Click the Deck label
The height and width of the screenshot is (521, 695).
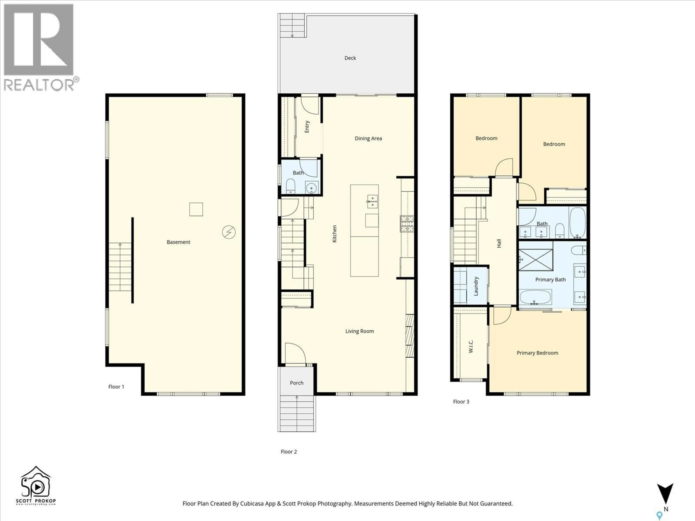point(350,58)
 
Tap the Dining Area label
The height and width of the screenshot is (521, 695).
point(368,139)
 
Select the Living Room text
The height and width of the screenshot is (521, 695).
point(359,331)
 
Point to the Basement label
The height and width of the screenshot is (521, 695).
point(178,242)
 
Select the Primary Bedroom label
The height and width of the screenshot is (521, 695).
point(537,353)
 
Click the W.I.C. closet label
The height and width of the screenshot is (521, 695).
point(471,346)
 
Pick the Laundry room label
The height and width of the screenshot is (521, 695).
point(476,286)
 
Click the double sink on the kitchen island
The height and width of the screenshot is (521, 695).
point(372,202)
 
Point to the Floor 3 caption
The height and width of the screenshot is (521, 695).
point(461,402)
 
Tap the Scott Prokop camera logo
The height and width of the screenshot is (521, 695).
point(36,485)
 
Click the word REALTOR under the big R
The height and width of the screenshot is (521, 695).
point(39,85)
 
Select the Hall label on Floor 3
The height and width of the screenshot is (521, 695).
point(499,243)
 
